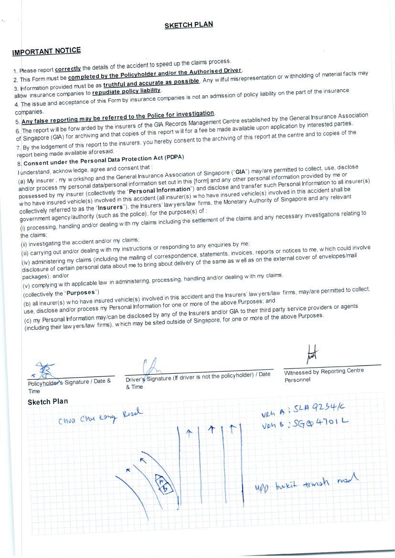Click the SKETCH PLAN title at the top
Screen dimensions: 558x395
[189, 25]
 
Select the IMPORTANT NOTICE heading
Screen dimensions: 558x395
[46, 51]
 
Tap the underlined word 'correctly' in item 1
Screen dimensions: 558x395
[68, 69]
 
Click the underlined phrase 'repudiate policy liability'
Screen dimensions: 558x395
[127, 91]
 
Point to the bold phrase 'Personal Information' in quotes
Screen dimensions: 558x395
[160, 190]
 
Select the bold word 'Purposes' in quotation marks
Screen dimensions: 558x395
[81, 293]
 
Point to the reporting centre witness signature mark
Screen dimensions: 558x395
[313, 354]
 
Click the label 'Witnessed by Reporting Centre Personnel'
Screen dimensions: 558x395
[323, 375]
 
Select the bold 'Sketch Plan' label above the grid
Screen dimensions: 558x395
[48, 401]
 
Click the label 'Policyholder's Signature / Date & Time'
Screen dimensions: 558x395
[69, 384]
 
